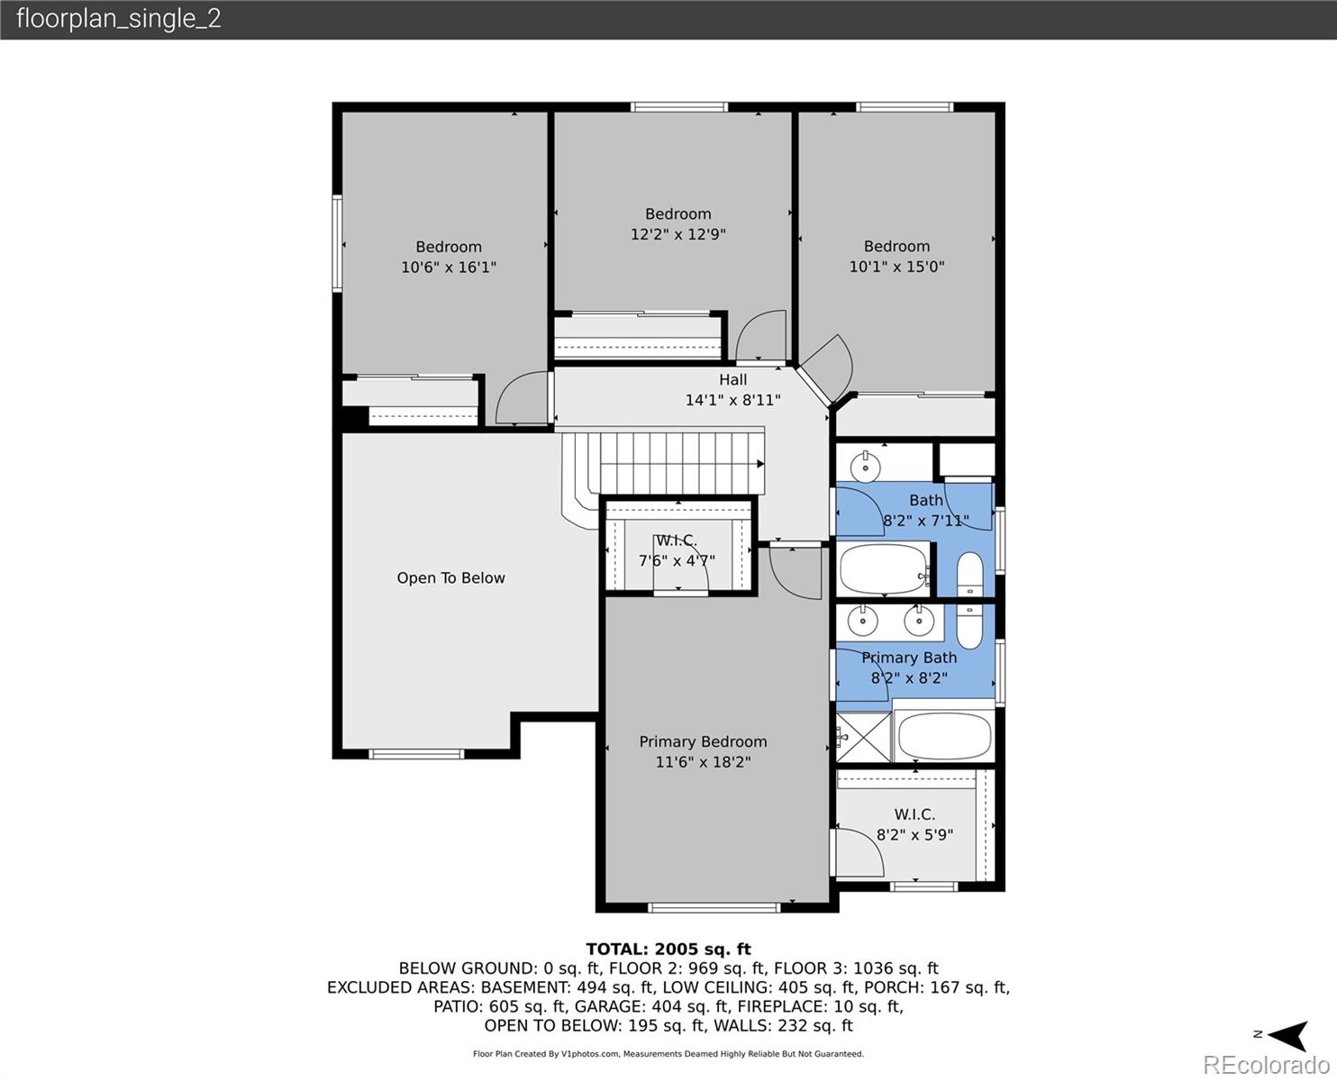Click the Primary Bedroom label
703,741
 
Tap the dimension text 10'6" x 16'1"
449,268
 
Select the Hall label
732,380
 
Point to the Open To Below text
450,578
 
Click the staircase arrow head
760,464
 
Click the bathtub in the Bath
884,568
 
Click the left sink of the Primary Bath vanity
864,620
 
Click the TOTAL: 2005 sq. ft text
668,949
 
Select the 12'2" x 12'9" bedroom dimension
678,234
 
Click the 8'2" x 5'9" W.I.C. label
914,835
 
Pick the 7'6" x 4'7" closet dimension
677,561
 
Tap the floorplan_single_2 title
118,19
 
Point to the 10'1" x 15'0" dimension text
896,267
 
